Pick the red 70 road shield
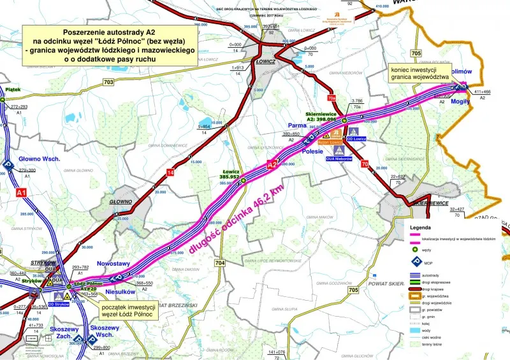click(365, 166)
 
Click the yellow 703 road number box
click(108, 82)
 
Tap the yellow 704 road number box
click(220, 263)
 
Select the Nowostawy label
click(113, 264)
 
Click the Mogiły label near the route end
click(461, 101)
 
